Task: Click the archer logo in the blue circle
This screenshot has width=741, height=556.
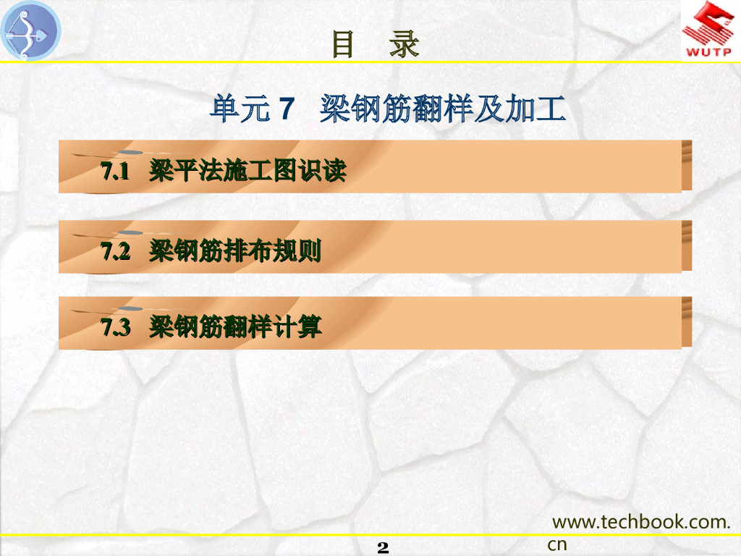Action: coord(30,30)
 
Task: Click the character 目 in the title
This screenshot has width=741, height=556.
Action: coord(342,44)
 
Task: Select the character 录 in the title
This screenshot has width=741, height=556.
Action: coord(405,44)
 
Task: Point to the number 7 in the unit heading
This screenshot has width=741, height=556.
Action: coord(287,109)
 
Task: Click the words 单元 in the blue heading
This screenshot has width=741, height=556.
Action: coord(240,109)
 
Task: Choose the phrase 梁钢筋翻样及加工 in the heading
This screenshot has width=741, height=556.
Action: coord(443,109)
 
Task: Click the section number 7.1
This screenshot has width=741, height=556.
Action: coord(115,171)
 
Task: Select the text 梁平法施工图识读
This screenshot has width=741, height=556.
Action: coord(247,170)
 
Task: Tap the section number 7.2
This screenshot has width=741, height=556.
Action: coord(115,251)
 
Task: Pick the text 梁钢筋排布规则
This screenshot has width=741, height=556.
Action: coord(235,250)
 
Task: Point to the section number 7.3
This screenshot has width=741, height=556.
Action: coord(115,327)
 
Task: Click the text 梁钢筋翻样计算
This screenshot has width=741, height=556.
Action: coord(235,327)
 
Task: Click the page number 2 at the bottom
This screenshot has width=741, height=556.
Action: coord(383,547)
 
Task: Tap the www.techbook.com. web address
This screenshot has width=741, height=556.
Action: coord(641,522)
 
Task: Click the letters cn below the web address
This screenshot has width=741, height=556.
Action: coord(557,544)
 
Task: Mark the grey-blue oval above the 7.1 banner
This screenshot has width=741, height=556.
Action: coord(130,152)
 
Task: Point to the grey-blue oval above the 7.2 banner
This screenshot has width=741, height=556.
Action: coord(130,232)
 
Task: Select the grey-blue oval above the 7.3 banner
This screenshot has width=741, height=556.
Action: coord(130,308)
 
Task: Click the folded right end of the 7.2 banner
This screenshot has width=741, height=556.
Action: coord(687,246)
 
